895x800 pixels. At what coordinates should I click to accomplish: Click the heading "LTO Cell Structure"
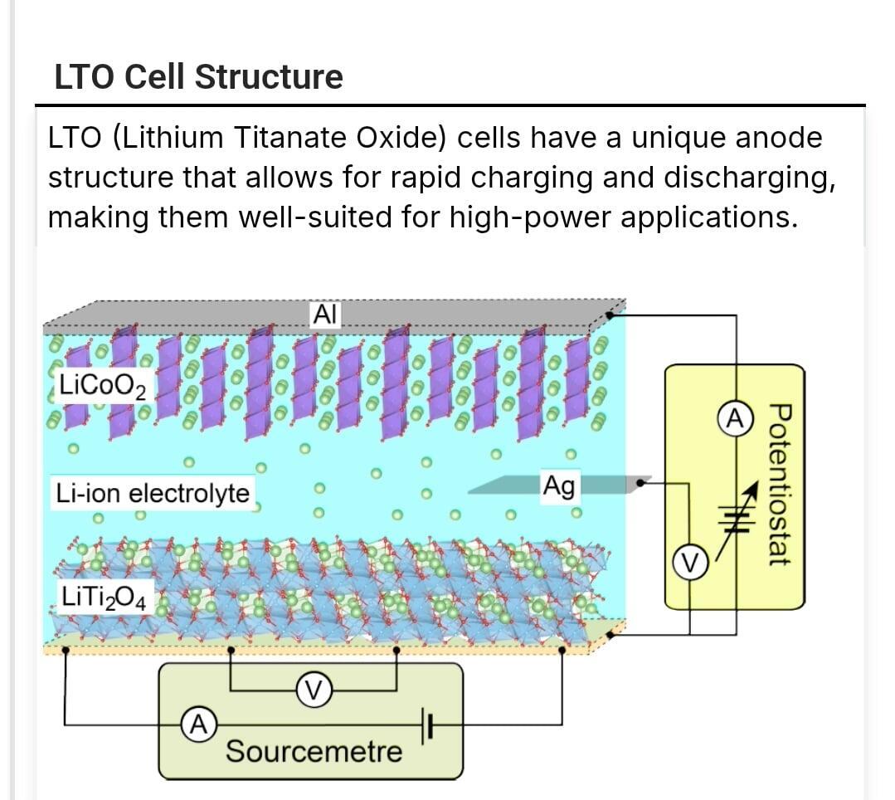[198, 77]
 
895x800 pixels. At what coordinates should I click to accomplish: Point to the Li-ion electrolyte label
[153, 493]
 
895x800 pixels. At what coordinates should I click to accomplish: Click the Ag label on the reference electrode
[558, 485]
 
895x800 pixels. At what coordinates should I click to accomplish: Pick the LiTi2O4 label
[105, 597]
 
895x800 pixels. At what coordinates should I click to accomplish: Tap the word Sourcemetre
[314, 752]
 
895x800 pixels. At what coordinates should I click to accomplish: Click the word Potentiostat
[777, 485]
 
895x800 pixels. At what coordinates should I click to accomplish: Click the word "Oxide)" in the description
[401, 138]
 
